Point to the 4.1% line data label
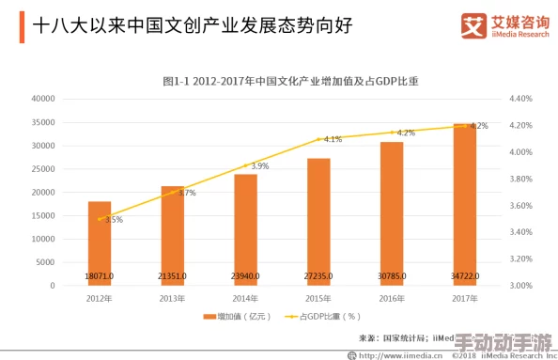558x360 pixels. pos(333,139)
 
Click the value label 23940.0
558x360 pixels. pos(245,276)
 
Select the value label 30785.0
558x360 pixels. pos(392,276)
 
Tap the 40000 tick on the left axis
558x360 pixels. pos(44,99)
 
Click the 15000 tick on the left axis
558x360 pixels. pos(44,215)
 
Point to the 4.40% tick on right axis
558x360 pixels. pos(520,99)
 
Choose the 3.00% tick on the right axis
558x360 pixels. pos(520,286)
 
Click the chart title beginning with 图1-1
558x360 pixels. pos(290,82)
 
